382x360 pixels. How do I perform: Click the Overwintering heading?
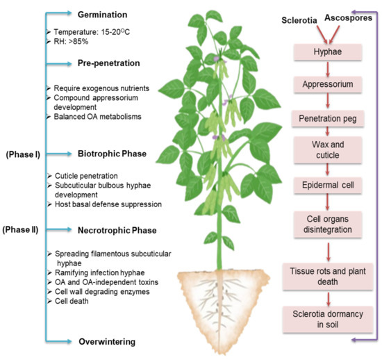(107, 341)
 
